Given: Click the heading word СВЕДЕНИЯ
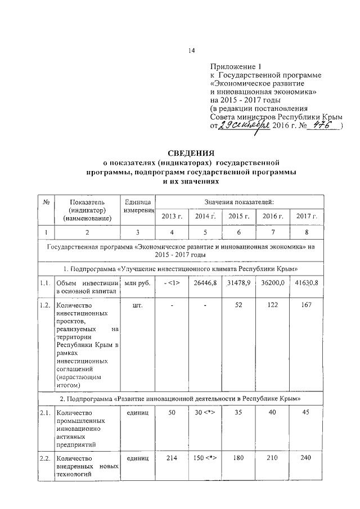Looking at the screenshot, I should point(191,154).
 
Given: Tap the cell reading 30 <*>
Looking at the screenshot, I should point(206,413).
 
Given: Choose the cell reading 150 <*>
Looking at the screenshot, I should point(206,458).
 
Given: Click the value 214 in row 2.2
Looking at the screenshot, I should point(172,458).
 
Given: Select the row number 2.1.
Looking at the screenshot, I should point(46,413).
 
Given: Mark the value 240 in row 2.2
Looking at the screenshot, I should point(307,458).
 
